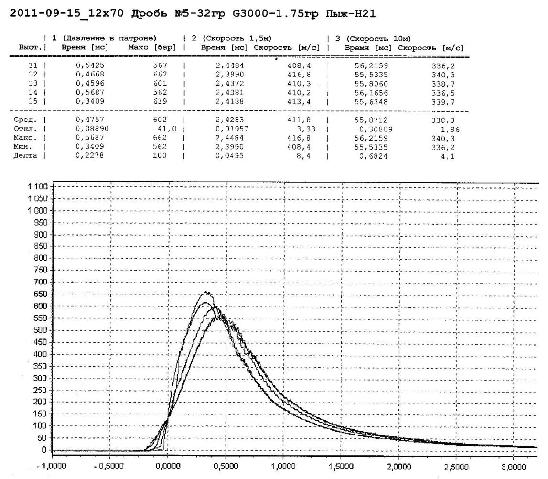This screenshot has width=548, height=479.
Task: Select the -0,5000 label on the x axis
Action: pos(109,463)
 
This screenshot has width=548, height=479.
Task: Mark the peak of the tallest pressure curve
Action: pos(206,292)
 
